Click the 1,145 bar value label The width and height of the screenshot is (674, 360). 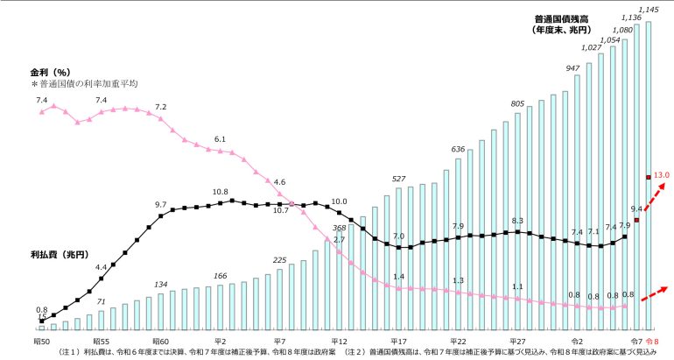pos(649,9)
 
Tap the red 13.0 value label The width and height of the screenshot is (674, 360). pos(661,175)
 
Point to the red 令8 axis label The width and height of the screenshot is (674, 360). pos(651,340)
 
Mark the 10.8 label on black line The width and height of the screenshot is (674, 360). pos(220,191)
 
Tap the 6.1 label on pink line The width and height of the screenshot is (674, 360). pos(220,139)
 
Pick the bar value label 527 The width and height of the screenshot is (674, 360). pos(398,178)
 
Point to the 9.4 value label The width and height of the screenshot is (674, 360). pos(636,208)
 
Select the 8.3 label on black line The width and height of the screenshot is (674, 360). pos(517,221)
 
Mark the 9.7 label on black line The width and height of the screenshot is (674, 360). pos(160,204)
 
